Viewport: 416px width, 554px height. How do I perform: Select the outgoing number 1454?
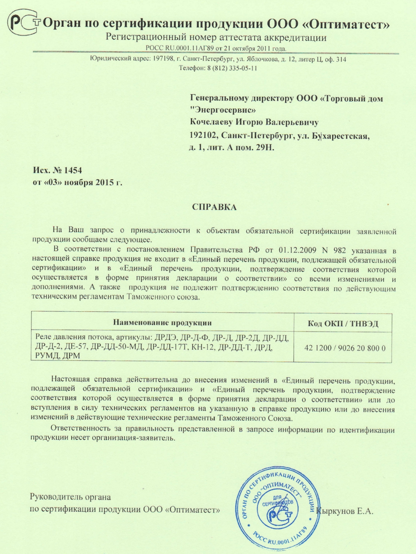(73, 170)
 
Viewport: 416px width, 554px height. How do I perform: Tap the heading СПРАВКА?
(214, 207)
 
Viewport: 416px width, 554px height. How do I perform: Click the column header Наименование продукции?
(162, 322)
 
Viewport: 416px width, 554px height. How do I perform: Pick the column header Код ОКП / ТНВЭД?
(343, 324)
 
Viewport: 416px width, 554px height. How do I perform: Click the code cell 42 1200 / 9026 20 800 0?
(345, 348)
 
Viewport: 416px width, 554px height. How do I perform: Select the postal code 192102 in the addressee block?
(203, 136)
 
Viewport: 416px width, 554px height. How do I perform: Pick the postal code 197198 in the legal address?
(163, 59)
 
